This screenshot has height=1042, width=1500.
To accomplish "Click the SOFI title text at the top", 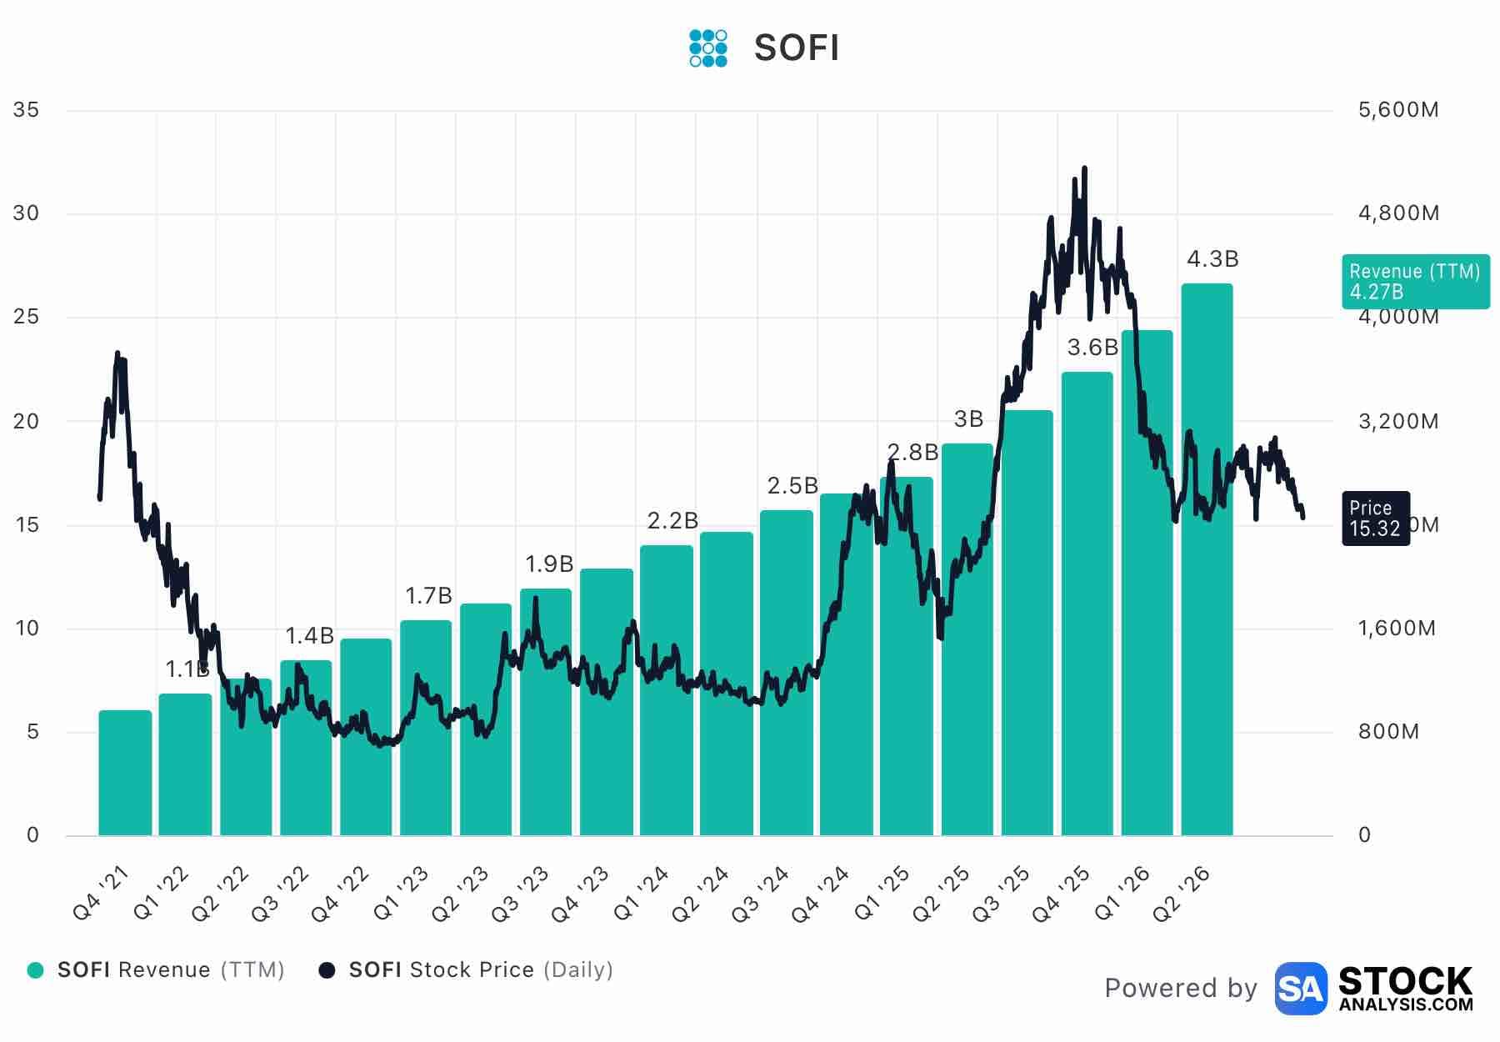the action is [x=796, y=48].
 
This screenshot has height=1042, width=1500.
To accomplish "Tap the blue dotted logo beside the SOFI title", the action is [x=708, y=48].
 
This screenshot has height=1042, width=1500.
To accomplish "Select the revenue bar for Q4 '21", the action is [x=125, y=773].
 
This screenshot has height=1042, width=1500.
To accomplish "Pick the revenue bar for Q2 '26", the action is [x=1207, y=559].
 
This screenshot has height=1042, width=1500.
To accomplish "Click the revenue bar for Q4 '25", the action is [x=1087, y=604].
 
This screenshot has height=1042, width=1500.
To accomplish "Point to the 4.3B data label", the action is [x=1212, y=259].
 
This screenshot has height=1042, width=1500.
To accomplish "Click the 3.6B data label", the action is [x=1092, y=348].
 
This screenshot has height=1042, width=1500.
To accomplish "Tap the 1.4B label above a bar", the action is [x=309, y=636].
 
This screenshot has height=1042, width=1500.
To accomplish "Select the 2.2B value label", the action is [x=672, y=521].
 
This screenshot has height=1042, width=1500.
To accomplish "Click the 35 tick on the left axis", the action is [x=27, y=110].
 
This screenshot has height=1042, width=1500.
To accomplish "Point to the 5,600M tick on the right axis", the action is [x=1398, y=110].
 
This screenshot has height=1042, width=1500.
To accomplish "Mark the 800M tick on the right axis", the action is [x=1388, y=732].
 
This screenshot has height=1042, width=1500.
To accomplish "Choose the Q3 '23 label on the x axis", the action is [x=520, y=894].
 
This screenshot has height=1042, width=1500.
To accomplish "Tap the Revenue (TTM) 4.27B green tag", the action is [x=1416, y=282].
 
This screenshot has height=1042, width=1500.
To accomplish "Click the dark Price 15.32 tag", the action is [x=1376, y=518].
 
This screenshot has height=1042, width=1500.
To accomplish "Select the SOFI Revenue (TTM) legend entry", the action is [x=156, y=970].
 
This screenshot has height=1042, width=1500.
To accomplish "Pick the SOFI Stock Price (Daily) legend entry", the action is [x=467, y=970].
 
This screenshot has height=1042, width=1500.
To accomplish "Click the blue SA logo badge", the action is [x=1301, y=989].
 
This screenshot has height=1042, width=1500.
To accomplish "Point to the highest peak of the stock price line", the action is [x=1084, y=168].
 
